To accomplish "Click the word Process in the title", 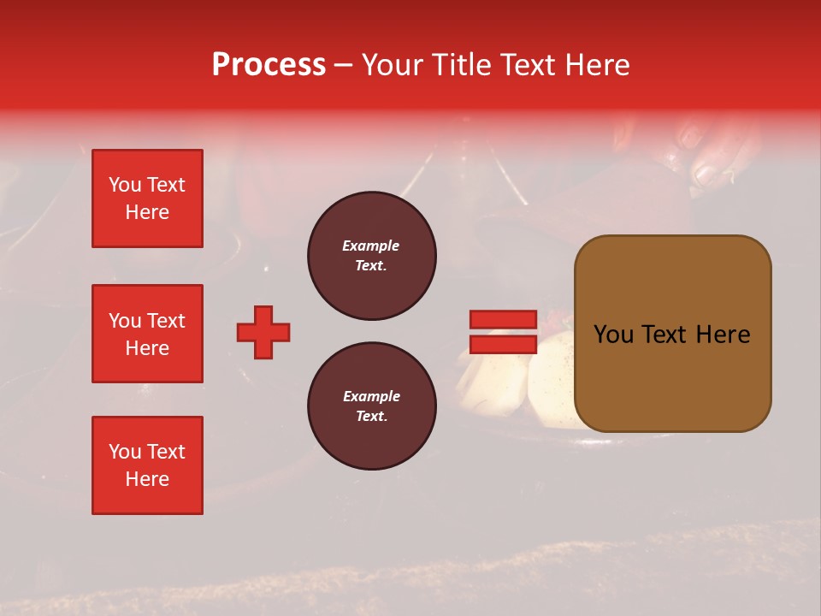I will pos(269,65).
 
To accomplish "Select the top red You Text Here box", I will pos(147,198).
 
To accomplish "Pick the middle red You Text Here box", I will pos(147,334).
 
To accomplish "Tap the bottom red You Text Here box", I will pos(147,465).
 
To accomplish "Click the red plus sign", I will pos(263,332).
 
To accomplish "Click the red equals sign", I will pos(503,332).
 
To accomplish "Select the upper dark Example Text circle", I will pos(372,256).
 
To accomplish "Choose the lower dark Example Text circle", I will pos(372,406).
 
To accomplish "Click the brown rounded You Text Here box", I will pos(672,334).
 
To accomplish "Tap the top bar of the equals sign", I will pos(503,319).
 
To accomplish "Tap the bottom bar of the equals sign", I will pos(503,345).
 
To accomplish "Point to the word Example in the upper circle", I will pos(371,246).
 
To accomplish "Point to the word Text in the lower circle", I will pos(371,417).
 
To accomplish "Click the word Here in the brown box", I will pos(723,335).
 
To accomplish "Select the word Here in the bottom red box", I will pos(147,479).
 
